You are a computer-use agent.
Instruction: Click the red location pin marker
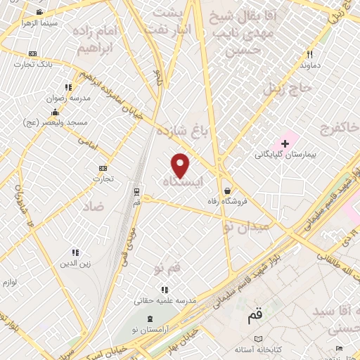181,165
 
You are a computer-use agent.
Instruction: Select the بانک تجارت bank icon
32,54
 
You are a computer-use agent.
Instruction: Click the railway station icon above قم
136,191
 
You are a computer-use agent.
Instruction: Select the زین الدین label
75,263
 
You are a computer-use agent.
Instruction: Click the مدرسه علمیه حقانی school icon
165,289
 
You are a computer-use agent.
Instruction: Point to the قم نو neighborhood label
167,268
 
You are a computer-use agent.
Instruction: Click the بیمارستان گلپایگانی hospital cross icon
284,143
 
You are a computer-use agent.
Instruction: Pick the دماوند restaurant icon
309,54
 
